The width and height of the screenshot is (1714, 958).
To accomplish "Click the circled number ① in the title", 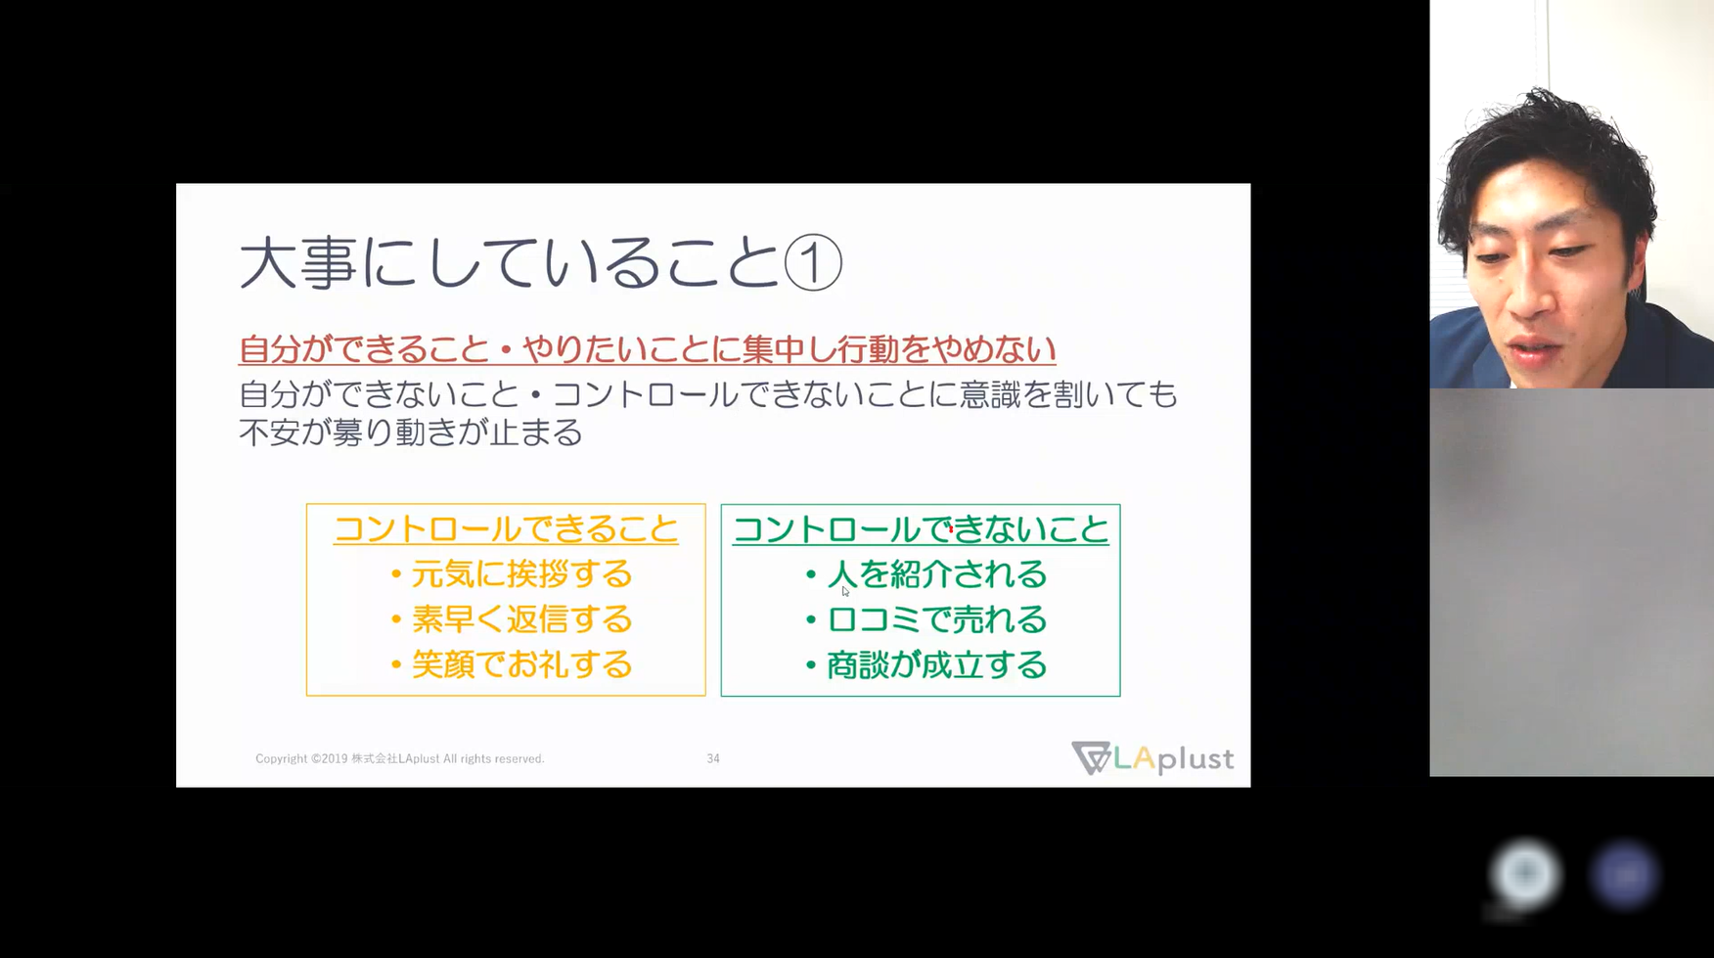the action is (x=813, y=262).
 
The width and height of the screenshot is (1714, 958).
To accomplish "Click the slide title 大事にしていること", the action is (x=510, y=262).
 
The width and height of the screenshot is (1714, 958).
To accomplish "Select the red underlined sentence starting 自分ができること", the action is (x=648, y=349).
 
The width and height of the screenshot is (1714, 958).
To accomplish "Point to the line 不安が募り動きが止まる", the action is (x=411, y=432).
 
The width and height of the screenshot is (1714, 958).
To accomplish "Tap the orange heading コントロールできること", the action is (x=506, y=529).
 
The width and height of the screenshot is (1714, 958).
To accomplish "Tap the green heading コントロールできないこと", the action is (x=921, y=529).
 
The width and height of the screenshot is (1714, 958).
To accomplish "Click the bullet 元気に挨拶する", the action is (x=512, y=574).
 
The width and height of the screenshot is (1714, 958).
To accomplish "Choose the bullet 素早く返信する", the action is (x=512, y=619).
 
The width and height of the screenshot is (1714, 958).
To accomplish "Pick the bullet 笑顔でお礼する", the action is (x=512, y=665).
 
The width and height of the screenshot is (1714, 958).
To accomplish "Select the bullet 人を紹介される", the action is (x=926, y=574).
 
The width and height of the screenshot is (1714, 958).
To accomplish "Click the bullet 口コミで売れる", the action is (x=926, y=619).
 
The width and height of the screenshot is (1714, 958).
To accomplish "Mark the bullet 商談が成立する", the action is (x=926, y=665).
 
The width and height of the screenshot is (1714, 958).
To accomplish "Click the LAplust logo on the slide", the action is (x=1152, y=758).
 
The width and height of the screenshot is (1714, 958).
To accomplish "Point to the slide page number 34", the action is (x=713, y=758).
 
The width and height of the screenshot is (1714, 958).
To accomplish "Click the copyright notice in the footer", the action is (x=400, y=758).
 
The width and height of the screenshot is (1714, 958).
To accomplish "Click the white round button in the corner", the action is (x=1525, y=873).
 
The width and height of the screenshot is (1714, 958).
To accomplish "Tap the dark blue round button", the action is (x=1624, y=875).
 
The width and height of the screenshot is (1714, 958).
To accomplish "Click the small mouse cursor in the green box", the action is (x=844, y=590).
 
